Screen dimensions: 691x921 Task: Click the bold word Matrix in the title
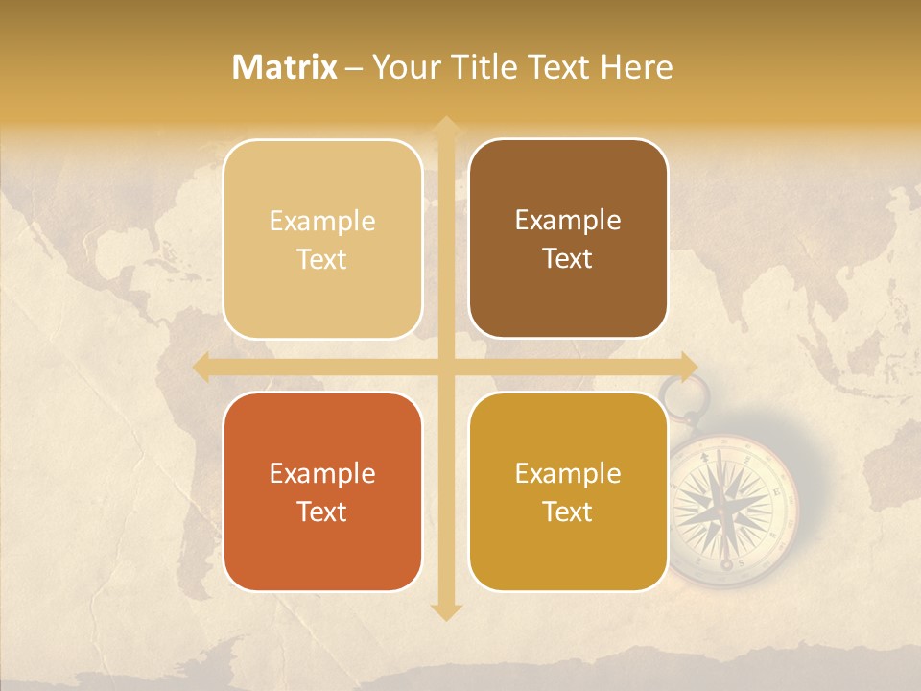[285, 67]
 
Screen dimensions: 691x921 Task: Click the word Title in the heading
[480, 67]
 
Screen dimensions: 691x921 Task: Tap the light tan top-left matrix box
[322, 239]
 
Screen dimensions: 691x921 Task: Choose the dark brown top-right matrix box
[568, 239]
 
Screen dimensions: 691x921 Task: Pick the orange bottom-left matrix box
[322, 492]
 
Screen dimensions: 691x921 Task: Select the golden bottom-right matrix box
[568, 492]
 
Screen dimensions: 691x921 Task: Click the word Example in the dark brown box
[568, 220]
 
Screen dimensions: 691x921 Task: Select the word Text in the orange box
[322, 512]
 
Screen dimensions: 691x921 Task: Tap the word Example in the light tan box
[322, 221]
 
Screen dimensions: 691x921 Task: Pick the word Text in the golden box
[568, 512]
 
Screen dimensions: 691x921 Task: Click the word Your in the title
[402, 67]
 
